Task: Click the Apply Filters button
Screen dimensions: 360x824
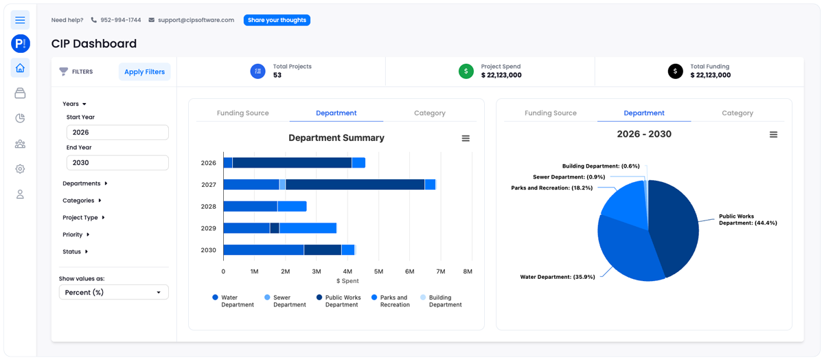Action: pyautogui.click(x=144, y=71)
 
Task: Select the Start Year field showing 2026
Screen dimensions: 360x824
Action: pyautogui.click(x=117, y=133)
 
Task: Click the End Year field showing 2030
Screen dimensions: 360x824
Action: pyautogui.click(x=117, y=163)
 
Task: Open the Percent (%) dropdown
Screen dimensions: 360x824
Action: pyautogui.click(x=114, y=293)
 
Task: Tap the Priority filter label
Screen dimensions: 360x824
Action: pyautogui.click(x=73, y=235)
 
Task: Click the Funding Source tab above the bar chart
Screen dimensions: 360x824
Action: pyautogui.click(x=242, y=113)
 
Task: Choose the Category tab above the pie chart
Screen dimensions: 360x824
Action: pyautogui.click(x=737, y=113)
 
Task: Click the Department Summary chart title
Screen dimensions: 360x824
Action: pyautogui.click(x=336, y=138)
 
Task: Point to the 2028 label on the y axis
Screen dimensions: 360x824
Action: pyautogui.click(x=208, y=207)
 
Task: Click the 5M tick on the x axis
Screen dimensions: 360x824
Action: pyautogui.click(x=379, y=271)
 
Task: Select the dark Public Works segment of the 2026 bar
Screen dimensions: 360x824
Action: pyautogui.click(x=292, y=163)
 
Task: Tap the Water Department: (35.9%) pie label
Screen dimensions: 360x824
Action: pyautogui.click(x=556, y=277)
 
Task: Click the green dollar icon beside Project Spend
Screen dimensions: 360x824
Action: pyautogui.click(x=466, y=71)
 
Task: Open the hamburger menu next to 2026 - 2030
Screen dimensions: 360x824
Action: pyautogui.click(x=773, y=135)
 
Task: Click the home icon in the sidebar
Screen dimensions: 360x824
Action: pyautogui.click(x=20, y=68)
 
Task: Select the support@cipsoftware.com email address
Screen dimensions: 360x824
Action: pyautogui.click(x=196, y=21)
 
